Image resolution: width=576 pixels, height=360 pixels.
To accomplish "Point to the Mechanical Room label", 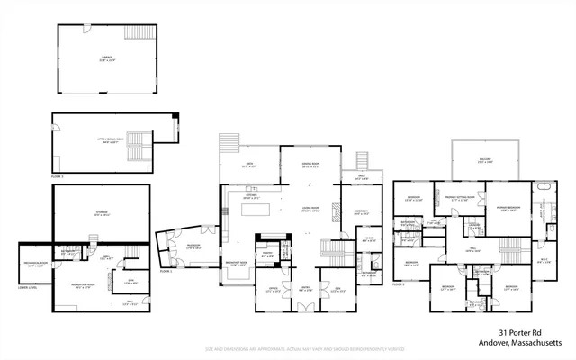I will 36,265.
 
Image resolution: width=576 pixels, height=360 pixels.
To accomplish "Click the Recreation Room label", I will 86,288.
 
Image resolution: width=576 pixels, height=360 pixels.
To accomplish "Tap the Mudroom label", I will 181,247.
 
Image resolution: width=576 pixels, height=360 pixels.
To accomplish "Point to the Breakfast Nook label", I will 238,265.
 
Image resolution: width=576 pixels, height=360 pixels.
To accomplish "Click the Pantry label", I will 267,255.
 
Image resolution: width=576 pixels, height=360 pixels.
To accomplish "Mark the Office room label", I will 274,291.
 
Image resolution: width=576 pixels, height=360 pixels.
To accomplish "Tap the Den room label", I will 337,291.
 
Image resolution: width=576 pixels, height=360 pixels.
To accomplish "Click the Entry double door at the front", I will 306,309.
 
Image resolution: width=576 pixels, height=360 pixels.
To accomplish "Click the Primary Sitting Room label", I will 457,197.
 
